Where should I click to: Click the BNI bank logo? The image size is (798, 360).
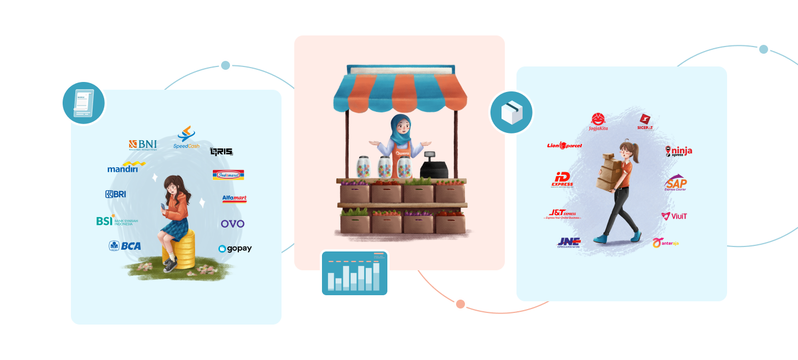[x=142, y=145]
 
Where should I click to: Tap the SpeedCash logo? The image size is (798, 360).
[x=186, y=138]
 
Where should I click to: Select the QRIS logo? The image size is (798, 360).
[x=221, y=151]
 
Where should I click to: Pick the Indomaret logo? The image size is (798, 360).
[x=228, y=175]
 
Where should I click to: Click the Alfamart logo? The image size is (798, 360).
[x=234, y=198]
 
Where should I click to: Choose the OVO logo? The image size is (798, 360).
[x=232, y=224]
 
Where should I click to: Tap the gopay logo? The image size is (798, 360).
[x=235, y=249]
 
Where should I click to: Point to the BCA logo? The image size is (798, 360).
[x=125, y=246]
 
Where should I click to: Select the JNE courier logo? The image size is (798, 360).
[x=569, y=242]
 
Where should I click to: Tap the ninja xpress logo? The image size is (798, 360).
[x=678, y=151]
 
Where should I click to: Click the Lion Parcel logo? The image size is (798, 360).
[x=564, y=146]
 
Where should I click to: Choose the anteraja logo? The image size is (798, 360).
[x=665, y=243]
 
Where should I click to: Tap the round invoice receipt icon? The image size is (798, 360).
[x=83, y=102]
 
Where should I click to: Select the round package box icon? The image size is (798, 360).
[x=511, y=112]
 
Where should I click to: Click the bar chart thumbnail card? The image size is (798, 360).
[x=355, y=273]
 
